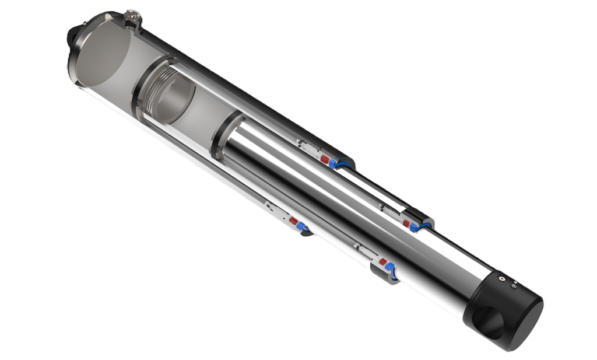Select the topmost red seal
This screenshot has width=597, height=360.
pyautogui.click(x=325, y=158)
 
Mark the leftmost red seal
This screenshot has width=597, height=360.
pyautogui.click(x=293, y=222)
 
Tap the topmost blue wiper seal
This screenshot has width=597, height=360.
pyautogui.click(x=338, y=164)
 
